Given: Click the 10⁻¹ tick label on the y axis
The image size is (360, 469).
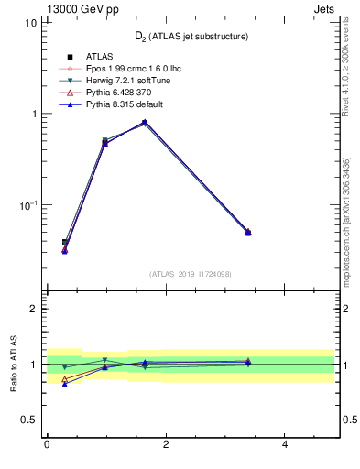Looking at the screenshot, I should (27, 205).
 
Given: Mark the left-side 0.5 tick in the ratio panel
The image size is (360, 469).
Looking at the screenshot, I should (30, 420).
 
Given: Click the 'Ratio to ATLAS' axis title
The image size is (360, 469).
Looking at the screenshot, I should (12, 364).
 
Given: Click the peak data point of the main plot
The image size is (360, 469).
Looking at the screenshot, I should (145, 122).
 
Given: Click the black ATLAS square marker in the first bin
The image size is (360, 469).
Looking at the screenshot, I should (64, 242).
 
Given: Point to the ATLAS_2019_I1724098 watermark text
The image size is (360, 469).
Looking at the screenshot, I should (191, 274).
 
